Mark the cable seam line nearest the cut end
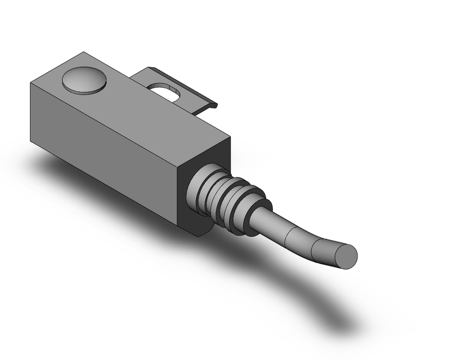click(313, 246)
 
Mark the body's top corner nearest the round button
click(84, 52)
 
